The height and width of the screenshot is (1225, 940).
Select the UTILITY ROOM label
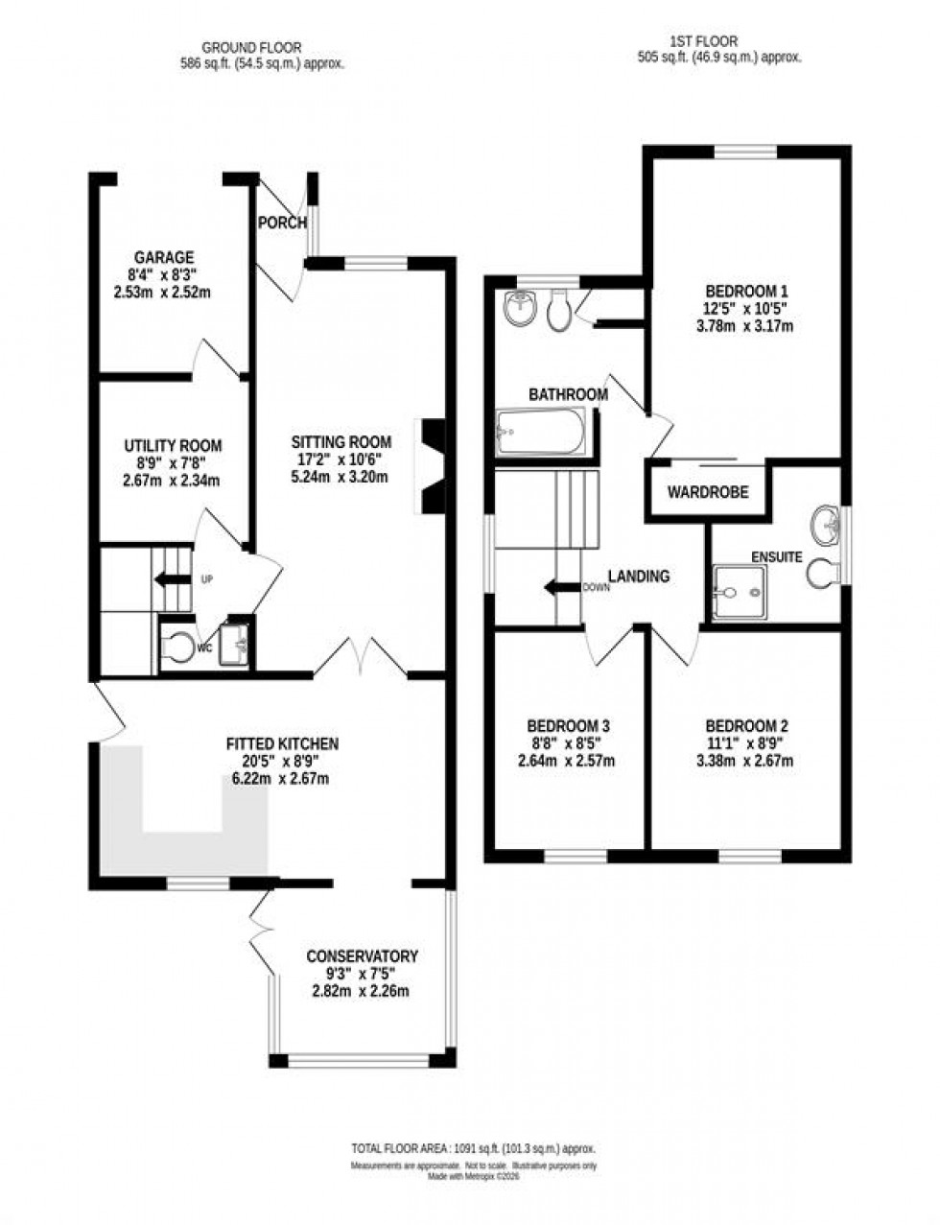pyautogui.click(x=173, y=446)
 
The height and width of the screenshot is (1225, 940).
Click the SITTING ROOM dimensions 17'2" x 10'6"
pyautogui.click(x=341, y=459)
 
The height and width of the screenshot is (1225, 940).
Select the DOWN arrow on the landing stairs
pyautogui.click(x=562, y=587)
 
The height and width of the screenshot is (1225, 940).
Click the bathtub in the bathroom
pyautogui.click(x=540, y=433)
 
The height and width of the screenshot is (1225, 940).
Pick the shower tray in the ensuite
pyautogui.click(x=740, y=588)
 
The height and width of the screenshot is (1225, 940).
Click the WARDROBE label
pyautogui.click(x=708, y=492)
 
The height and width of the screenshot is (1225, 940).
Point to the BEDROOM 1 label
pyautogui.click(x=746, y=291)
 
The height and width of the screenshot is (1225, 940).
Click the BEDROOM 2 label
pyautogui.click(x=746, y=725)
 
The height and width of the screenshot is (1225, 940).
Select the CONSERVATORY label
pyautogui.click(x=362, y=956)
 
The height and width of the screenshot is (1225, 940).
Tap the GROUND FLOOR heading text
pyautogui.click(x=251, y=46)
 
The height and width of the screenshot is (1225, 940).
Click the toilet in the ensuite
pyautogui.click(x=821, y=573)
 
